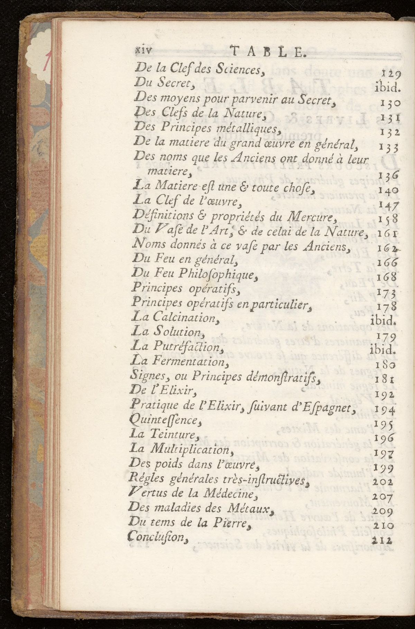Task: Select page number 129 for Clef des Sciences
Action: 391,73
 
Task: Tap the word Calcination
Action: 183,317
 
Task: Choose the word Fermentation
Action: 188,362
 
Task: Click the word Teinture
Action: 172,434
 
